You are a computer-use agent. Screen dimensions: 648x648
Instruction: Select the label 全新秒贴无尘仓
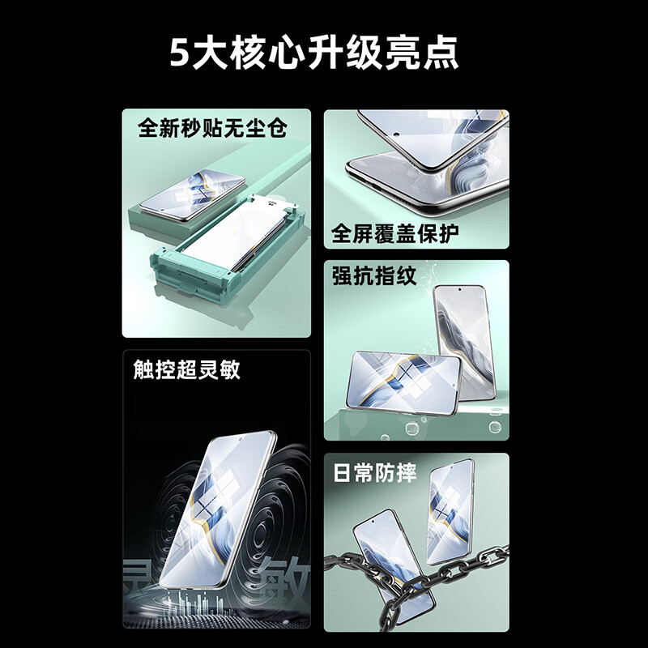tap(213, 128)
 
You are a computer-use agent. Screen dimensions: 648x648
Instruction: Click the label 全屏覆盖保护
tap(395, 234)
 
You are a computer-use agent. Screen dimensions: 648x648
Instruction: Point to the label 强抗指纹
tap(374, 276)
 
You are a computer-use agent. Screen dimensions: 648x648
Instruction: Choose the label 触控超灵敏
tap(187, 370)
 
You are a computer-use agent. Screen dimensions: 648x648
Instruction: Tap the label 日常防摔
tap(374, 473)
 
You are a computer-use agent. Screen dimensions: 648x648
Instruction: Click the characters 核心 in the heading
tap(267, 53)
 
